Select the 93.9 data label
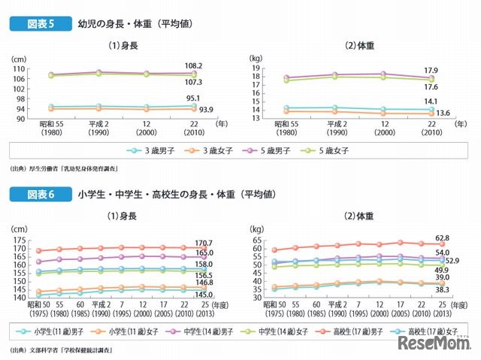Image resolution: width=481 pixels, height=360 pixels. [206, 109]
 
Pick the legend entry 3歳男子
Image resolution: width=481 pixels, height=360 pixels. [153, 150]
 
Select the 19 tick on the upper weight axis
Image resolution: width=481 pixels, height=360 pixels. [256, 68]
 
